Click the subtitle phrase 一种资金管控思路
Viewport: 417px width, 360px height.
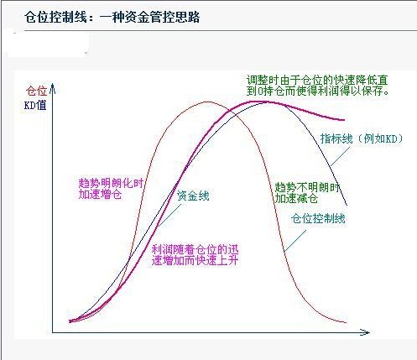142,17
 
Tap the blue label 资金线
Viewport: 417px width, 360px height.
193,196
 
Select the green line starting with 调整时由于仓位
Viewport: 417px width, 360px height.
317,78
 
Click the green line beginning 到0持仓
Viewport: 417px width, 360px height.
317,90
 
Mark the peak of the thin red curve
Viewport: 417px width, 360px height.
207,102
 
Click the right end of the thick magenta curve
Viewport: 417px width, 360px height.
346,120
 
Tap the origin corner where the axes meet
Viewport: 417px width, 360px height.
54,332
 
